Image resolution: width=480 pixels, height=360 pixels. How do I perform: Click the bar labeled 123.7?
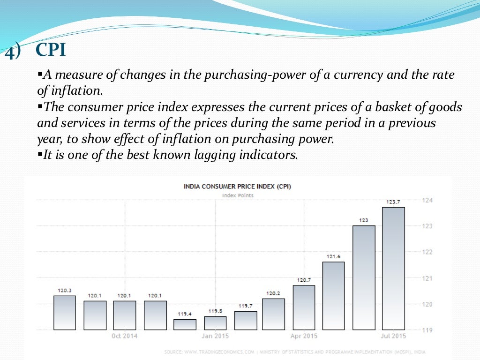click(393, 268)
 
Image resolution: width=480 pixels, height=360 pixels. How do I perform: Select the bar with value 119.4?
click(185, 324)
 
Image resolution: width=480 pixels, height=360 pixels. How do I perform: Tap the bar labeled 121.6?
click(333, 295)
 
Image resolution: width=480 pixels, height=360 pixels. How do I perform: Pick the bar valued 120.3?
click(65, 312)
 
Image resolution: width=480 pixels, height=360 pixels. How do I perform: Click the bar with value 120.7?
click(304, 307)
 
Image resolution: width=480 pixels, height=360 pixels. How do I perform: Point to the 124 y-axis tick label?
click(427, 200)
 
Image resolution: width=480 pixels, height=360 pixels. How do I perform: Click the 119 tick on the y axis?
click(427, 330)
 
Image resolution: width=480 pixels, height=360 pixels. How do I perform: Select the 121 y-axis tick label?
click(427, 278)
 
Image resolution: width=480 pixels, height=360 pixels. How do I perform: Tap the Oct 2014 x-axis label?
click(124, 336)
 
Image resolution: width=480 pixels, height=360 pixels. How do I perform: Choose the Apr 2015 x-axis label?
click(304, 336)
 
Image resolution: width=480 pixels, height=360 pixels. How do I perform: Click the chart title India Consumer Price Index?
click(237, 186)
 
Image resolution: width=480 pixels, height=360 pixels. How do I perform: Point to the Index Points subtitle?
click(238, 195)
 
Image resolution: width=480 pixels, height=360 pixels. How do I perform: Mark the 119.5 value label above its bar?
click(215, 311)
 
